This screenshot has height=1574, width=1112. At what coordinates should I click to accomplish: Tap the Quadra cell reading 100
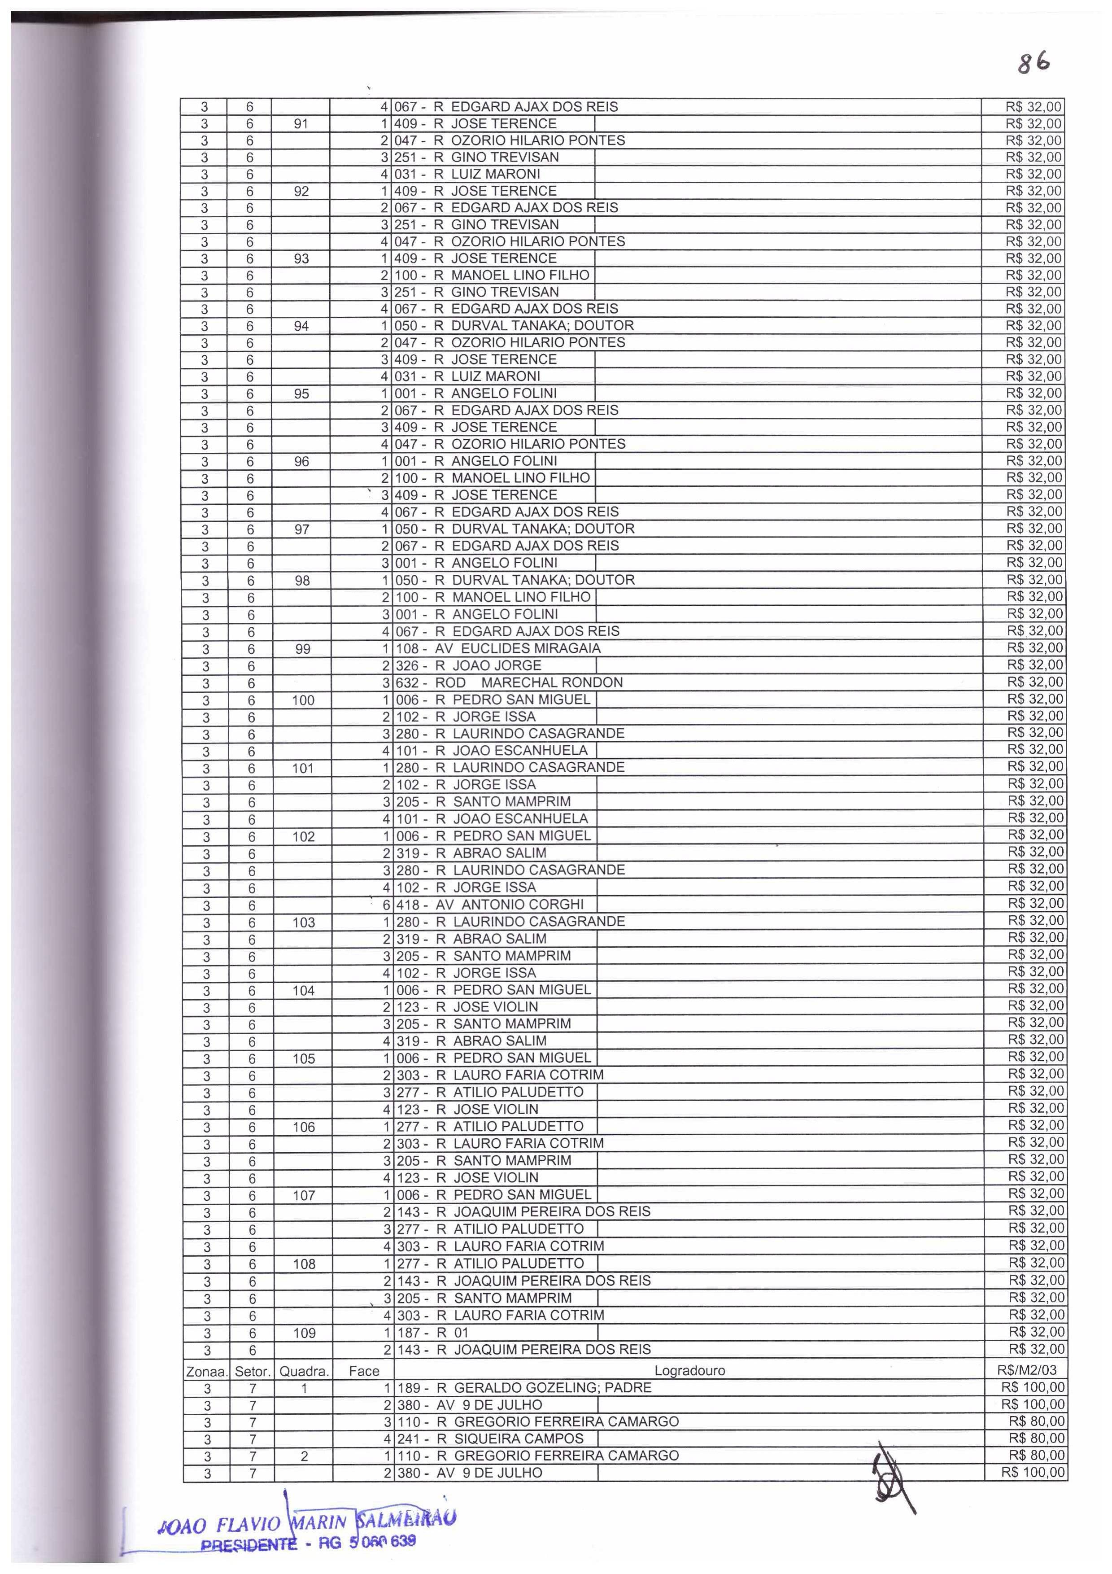pos(303,700)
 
